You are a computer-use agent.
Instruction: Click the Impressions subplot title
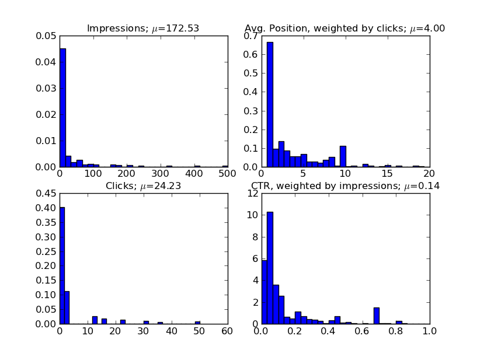pyautogui.click(x=143, y=29)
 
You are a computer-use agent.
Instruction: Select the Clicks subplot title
pyautogui.click(x=143, y=186)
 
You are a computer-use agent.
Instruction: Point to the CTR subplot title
pyautogui.click(x=345, y=186)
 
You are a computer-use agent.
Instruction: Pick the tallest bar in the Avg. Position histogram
pyautogui.click(x=270, y=105)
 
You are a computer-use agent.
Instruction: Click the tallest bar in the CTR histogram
pyautogui.click(x=270, y=268)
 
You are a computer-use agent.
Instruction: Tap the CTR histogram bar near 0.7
pyautogui.click(x=377, y=316)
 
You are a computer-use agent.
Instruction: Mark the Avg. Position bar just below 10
pyautogui.click(x=343, y=156)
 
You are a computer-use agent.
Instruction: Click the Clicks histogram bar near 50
pyautogui.click(x=197, y=323)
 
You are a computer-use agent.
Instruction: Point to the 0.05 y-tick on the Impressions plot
pyautogui.click(x=47, y=36)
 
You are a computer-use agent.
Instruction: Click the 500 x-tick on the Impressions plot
pyautogui.click(x=227, y=173)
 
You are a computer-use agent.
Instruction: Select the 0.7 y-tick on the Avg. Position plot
pyautogui.click(x=252, y=36)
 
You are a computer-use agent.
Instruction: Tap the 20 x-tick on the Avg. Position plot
pyautogui.click(x=429, y=173)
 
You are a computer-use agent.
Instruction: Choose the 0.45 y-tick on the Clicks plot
pyautogui.click(x=47, y=194)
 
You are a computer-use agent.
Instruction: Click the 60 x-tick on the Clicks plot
pyautogui.click(x=227, y=331)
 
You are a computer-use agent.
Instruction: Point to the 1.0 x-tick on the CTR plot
pyautogui.click(x=429, y=331)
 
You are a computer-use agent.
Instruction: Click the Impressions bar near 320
pyautogui.click(x=169, y=166)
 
